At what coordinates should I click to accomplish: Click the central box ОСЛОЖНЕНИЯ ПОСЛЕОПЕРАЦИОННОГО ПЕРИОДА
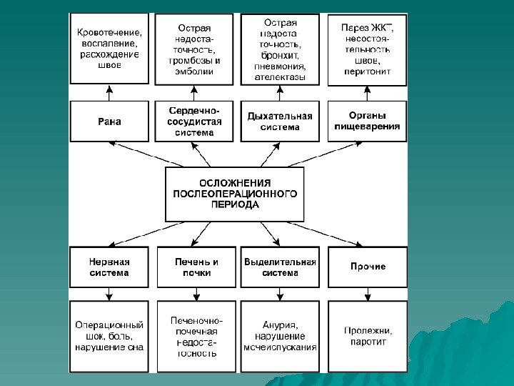tap(235, 194)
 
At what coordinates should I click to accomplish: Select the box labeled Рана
tap(109, 121)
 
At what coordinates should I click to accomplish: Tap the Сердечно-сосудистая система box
tap(195, 122)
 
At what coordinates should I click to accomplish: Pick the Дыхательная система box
tap(280, 122)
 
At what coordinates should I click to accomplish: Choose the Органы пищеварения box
tap(368, 121)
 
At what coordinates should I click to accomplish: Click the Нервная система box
tap(109, 267)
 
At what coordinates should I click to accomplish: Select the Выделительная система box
tap(280, 267)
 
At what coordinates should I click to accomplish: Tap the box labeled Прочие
tap(368, 267)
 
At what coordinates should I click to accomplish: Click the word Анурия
tap(279, 325)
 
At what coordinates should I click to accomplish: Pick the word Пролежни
tap(368, 330)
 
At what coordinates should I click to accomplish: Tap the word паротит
tap(368, 342)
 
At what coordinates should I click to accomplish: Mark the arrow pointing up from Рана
tap(109, 91)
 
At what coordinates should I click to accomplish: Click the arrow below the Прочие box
tap(368, 294)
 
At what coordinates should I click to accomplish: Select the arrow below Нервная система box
tap(109, 294)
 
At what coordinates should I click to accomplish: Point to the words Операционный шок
tap(109, 330)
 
